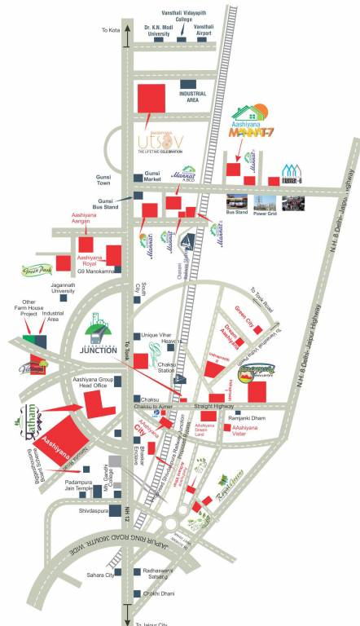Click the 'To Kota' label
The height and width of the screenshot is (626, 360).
pos(110,30)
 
